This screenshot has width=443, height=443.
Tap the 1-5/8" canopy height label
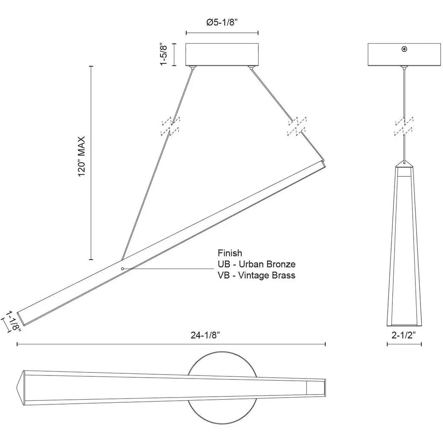click(164, 55)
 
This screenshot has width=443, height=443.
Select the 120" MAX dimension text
click(81, 156)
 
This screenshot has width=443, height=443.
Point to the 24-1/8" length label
click(205, 335)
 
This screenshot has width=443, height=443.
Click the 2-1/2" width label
click(404, 335)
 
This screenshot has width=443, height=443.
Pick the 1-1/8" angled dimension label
click(13, 321)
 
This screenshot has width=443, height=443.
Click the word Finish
click(230, 253)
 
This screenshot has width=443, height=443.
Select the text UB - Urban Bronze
click(257, 264)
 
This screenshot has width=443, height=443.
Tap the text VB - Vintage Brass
click(256, 275)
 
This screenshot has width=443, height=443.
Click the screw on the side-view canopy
click(404, 49)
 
